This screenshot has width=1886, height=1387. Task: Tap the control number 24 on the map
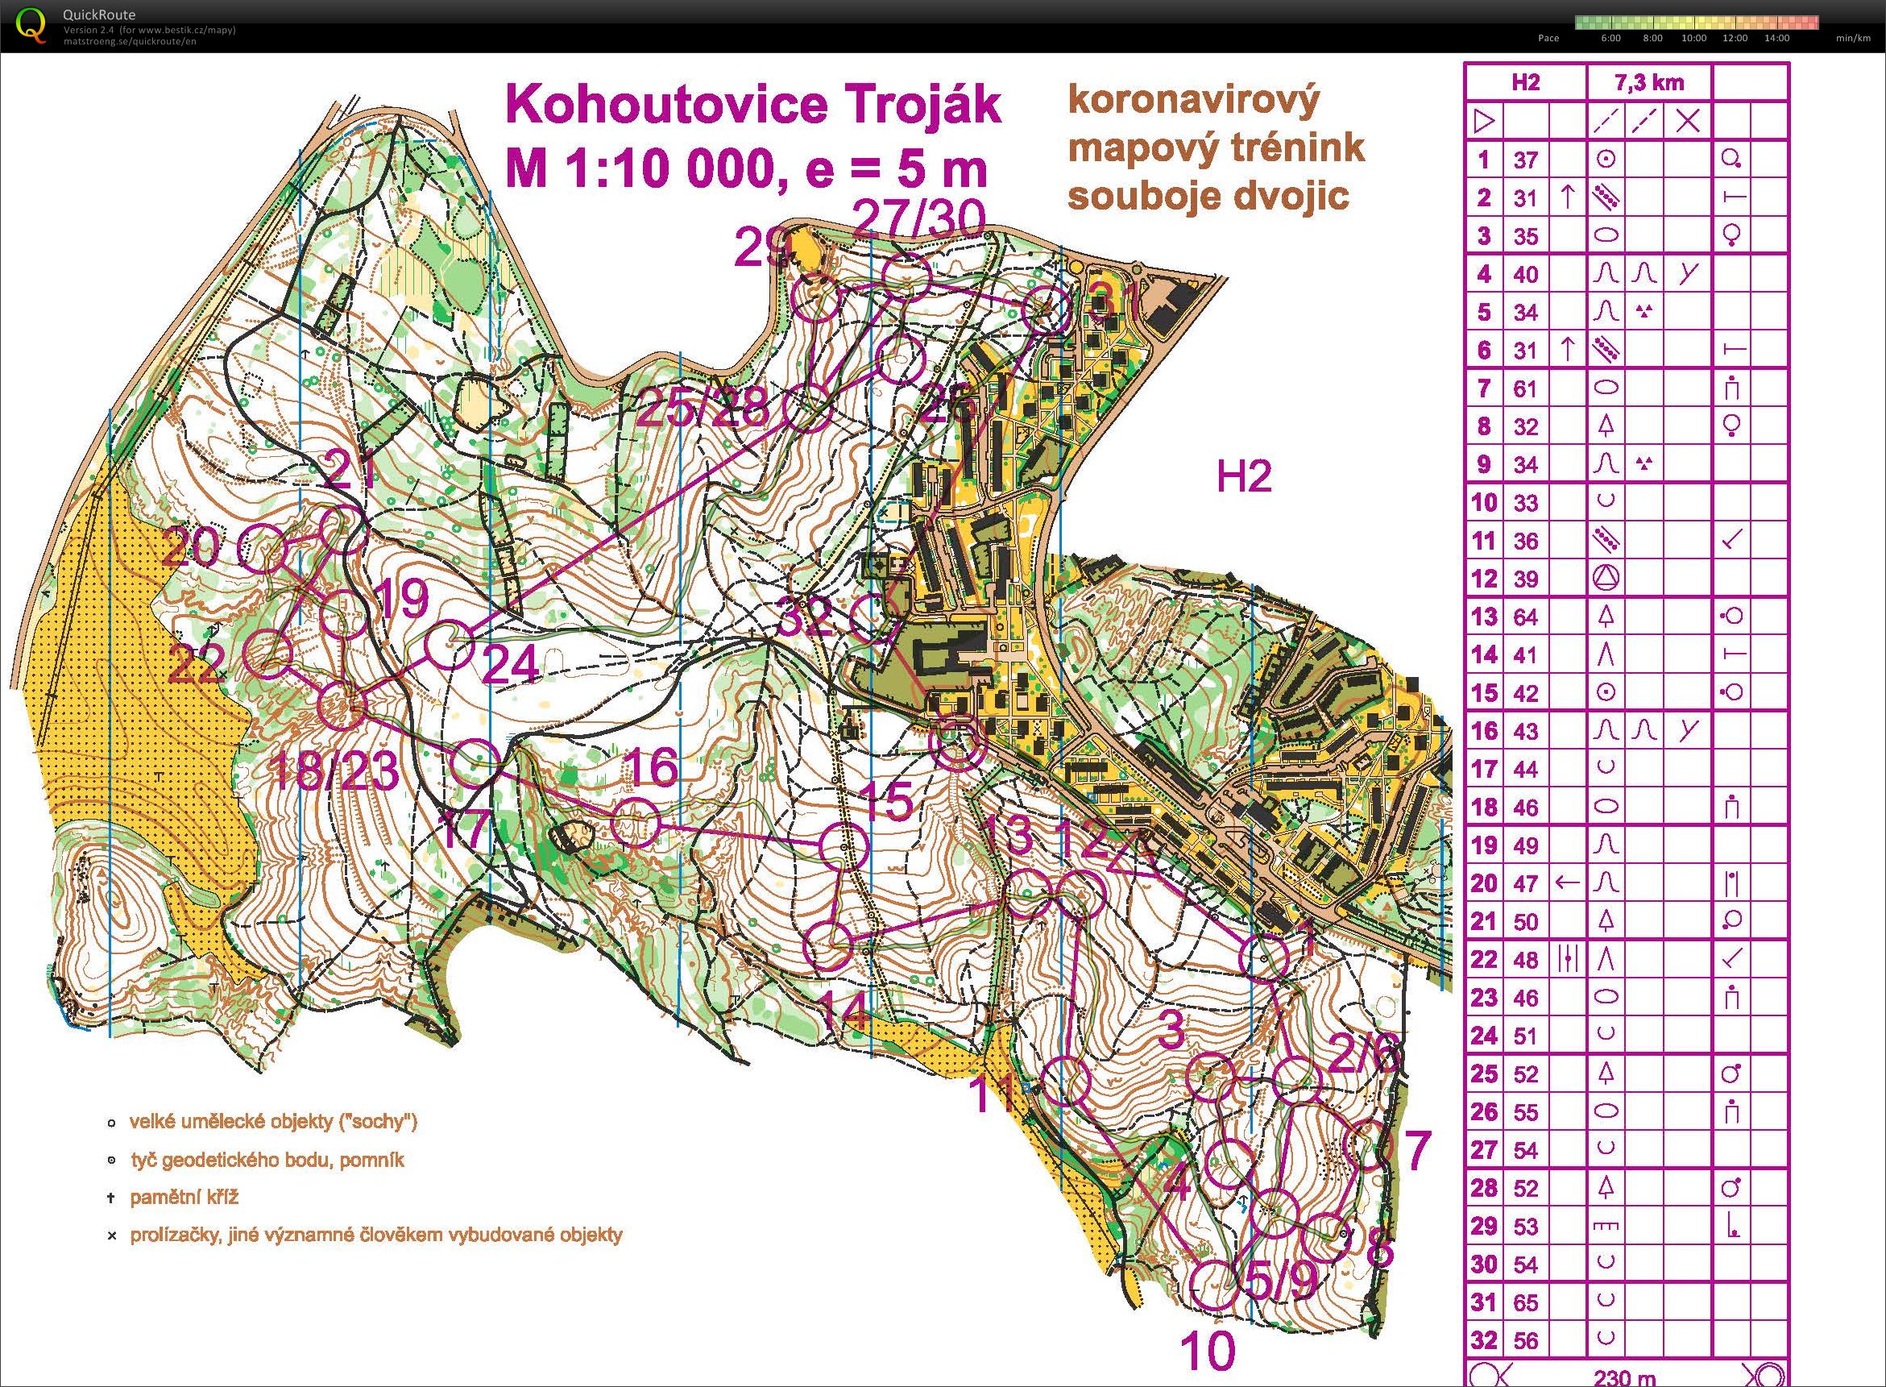pos(511,666)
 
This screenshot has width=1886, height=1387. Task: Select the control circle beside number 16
pos(635,822)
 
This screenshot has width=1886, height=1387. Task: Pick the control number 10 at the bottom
pos(1208,1352)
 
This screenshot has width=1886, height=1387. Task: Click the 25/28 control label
pos(703,411)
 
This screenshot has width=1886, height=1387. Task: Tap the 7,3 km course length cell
pos(1648,82)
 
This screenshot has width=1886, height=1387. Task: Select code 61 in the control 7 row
pos(1525,388)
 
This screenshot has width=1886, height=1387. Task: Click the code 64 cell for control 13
pos(1525,617)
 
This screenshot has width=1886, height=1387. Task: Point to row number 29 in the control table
pos(1484,1227)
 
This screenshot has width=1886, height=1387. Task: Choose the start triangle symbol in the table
pos(1484,122)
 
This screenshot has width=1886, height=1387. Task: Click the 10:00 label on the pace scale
pos(1693,38)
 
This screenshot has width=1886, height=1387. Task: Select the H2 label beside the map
pos(1244,477)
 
